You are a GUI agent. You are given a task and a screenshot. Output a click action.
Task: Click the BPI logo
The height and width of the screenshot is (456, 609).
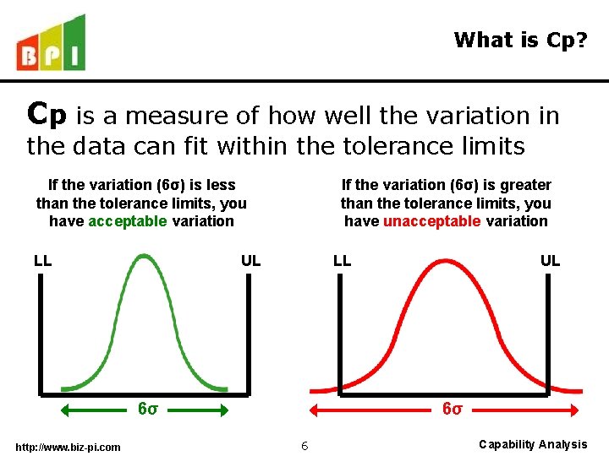pos(51,44)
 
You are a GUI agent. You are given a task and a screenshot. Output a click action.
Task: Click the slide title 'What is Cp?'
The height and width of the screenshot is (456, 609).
pos(519,40)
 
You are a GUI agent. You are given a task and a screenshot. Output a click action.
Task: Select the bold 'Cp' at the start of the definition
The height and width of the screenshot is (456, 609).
pos(47,113)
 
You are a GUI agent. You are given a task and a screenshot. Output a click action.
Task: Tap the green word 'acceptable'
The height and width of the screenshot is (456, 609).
pos(128,221)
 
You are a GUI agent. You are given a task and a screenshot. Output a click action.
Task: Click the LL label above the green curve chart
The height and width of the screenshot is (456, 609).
pos(43,260)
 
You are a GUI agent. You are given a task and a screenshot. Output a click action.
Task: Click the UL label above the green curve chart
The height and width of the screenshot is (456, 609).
pos(250,260)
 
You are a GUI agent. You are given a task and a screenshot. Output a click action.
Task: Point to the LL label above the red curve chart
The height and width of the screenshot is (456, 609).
pos(342,260)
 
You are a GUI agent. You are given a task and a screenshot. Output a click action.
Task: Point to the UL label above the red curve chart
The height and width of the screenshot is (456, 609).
pos(550,260)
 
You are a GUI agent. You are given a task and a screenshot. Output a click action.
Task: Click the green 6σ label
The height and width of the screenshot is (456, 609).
pos(147,409)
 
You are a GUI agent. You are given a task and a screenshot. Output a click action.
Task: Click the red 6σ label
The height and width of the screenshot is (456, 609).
pos(453,409)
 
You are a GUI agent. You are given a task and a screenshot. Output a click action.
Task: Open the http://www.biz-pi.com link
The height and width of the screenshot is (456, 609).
pos(68,447)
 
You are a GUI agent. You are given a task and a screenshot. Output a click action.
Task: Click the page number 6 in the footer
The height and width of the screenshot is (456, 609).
pos(304,445)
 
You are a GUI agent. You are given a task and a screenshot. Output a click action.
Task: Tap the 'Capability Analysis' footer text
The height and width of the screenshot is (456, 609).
pos(533,444)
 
